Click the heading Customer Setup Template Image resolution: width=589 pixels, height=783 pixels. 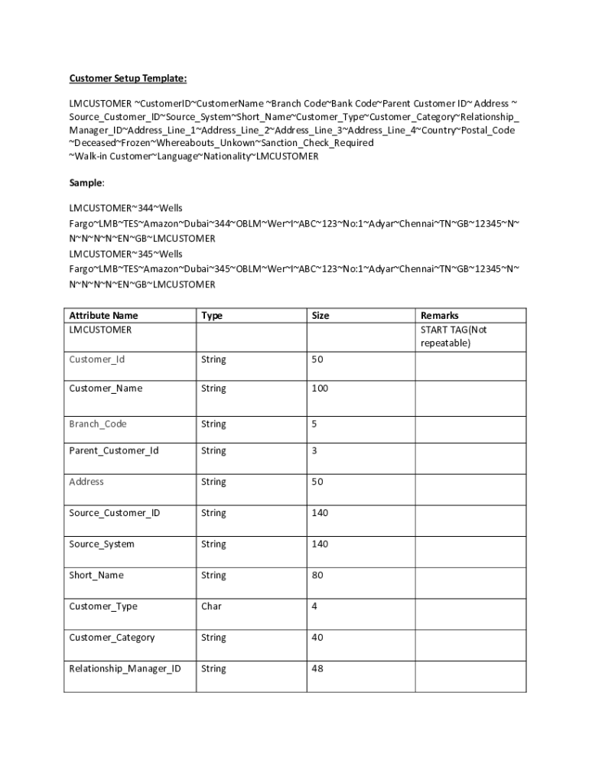[128, 78]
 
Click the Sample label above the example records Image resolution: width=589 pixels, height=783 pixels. [86, 184]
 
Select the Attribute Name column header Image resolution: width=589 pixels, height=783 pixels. [103, 315]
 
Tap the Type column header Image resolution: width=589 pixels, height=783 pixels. [212, 315]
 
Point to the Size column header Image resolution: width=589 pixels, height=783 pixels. [321, 315]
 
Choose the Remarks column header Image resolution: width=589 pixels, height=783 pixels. [439, 315]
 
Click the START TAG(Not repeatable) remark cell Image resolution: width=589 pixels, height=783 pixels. [453, 336]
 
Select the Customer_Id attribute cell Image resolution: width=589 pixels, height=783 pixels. [96, 359]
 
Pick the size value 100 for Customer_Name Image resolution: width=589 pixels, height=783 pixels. [320, 388]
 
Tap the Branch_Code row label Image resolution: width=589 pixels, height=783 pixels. [98, 424]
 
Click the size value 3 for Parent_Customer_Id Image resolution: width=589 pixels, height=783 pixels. [314, 450]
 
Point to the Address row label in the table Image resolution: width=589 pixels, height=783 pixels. [86, 482]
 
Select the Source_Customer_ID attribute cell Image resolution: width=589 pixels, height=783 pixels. [114, 513]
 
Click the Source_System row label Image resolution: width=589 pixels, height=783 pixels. [101, 544]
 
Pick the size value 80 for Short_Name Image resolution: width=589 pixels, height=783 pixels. [317, 575]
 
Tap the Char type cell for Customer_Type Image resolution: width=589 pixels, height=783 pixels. [211, 606]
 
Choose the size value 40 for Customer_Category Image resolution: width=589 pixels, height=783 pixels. [317, 638]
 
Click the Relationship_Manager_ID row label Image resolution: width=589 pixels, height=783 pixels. [125, 669]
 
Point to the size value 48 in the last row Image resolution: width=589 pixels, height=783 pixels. [317, 669]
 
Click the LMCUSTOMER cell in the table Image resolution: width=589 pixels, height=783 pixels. [100, 330]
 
